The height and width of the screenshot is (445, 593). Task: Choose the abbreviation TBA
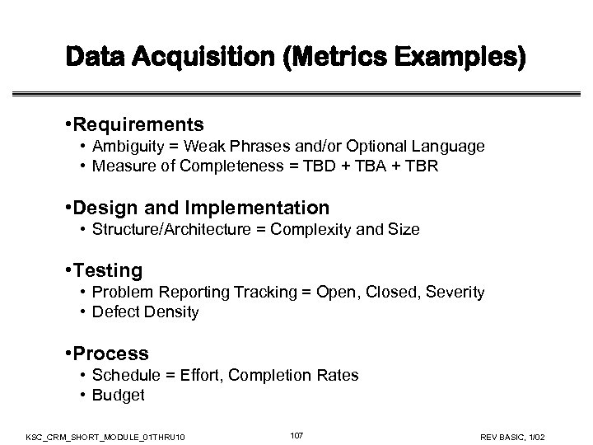pos(373,167)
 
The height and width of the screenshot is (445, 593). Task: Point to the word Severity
pos(455,293)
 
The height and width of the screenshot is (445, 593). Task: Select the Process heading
pos(110,354)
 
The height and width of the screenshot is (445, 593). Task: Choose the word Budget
pos(119,396)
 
